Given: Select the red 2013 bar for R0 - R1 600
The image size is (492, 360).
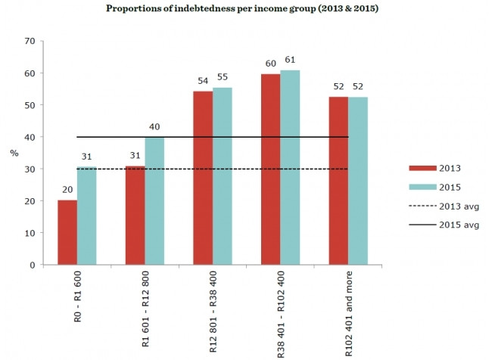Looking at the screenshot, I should (x=67, y=232).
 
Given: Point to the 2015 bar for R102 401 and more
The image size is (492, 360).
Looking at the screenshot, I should (x=358, y=181).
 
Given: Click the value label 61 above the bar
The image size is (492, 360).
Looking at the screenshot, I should (x=290, y=60).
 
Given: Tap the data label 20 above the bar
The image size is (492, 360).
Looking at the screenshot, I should (x=67, y=191).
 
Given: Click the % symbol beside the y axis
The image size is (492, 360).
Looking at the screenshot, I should (x=14, y=153).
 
